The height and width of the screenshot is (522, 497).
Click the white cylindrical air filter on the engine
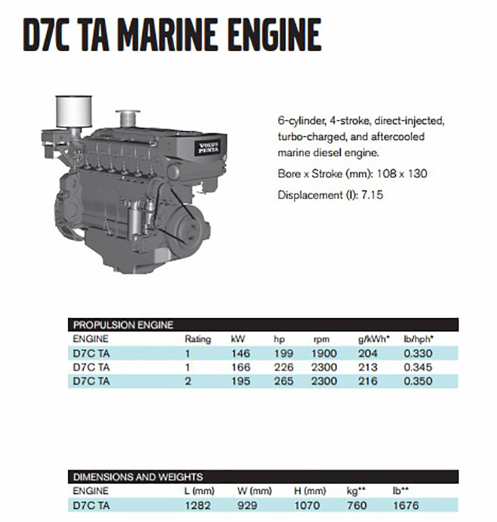(x=72, y=111)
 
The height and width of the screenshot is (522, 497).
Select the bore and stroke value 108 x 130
(x=402, y=174)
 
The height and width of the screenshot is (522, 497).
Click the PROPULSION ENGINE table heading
(x=123, y=325)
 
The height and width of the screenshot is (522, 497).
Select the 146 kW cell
(x=241, y=353)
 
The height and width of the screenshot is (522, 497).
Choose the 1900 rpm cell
(x=324, y=353)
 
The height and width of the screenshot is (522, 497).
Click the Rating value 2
(x=188, y=381)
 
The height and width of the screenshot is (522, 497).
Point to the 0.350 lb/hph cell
(x=419, y=381)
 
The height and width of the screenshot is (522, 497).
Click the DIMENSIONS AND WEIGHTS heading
(x=138, y=477)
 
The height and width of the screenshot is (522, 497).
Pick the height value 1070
(x=307, y=505)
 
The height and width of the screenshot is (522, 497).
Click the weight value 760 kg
(x=357, y=505)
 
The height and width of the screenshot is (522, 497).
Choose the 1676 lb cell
(x=405, y=505)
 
